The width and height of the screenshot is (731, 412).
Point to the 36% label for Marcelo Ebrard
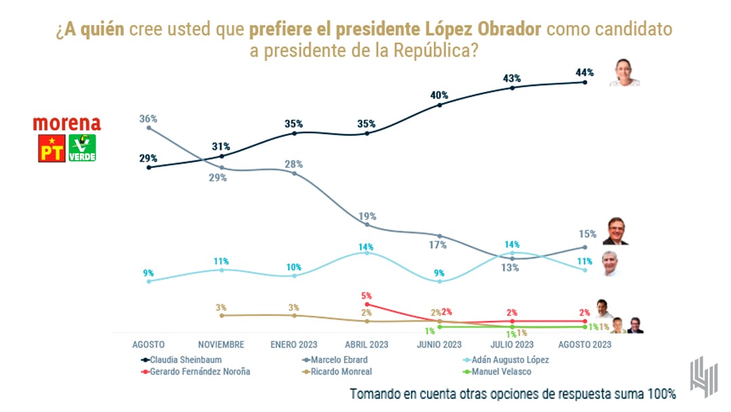pyautogui.click(x=148, y=118)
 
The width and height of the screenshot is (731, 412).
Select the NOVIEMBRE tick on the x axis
pyautogui.click(x=221, y=344)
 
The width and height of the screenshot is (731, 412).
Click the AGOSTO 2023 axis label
pyautogui.click(x=585, y=344)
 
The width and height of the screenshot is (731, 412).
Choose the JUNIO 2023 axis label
pyautogui.click(x=440, y=344)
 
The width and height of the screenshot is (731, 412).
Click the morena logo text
pyautogui.click(x=67, y=124)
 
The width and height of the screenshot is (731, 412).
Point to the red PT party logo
pyautogui.click(x=51, y=148)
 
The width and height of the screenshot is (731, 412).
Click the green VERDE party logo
pyautogui.click(x=82, y=148)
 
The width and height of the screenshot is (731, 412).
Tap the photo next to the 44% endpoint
pyautogui.click(x=624, y=73)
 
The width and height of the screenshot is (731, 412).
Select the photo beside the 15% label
pyautogui.click(x=616, y=231)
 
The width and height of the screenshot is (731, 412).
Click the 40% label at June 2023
pyautogui.click(x=440, y=94)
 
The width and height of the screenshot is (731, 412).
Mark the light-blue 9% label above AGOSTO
pyautogui.click(x=148, y=273)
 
